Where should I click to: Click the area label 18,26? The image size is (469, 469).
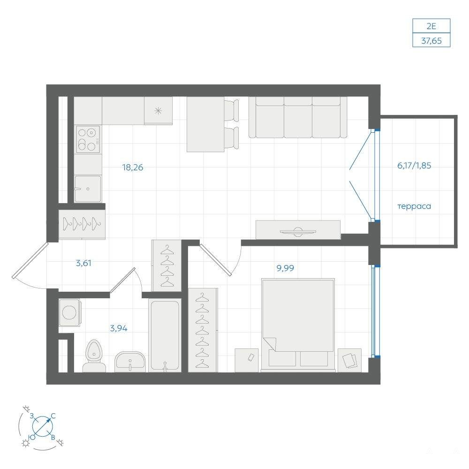click(x=133, y=167)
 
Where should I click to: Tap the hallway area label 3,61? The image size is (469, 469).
click(x=83, y=263)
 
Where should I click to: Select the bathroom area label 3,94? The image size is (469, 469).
click(x=119, y=328)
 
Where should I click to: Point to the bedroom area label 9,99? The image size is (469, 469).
click(x=285, y=268)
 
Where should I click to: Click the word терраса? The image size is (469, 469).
click(x=414, y=206)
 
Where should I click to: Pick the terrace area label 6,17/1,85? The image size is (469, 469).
click(x=414, y=166)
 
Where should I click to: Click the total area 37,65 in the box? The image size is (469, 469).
click(x=431, y=40)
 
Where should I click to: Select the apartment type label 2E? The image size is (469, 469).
click(x=431, y=26)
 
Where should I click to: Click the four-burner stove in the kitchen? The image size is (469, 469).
click(x=88, y=139)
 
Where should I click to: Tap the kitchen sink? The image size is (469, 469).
click(x=88, y=189)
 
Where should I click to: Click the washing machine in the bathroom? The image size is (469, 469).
click(x=70, y=312)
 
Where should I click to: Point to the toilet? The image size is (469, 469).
click(x=94, y=356)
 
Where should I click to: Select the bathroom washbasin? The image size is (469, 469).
click(x=130, y=362)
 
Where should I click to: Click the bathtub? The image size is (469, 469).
click(x=165, y=335)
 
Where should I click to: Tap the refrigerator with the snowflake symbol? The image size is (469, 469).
click(x=158, y=111)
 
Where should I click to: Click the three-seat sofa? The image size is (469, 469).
click(x=298, y=117)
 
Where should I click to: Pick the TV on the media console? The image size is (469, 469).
click(x=298, y=231)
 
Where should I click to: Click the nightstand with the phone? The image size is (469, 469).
click(x=247, y=360)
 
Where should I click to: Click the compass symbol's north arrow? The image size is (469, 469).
click(x=43, y=426)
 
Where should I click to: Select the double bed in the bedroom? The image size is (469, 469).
click(x=298, y=325)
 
